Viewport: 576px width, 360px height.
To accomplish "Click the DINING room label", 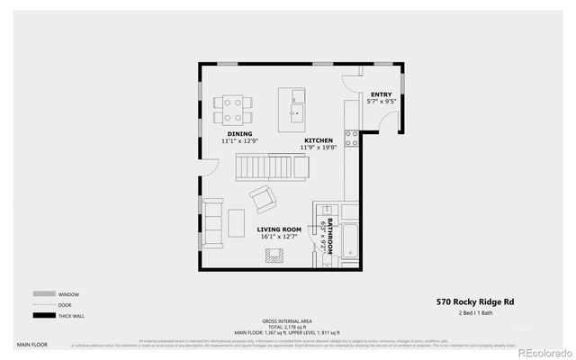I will [239, 134].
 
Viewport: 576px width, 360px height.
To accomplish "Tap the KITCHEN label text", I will [319, 140].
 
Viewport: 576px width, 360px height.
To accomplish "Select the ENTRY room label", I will [381, 94].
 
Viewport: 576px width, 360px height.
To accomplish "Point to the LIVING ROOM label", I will [279, 229].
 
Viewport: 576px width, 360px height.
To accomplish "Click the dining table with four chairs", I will [233, 110].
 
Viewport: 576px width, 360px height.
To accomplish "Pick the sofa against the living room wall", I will [213, 222].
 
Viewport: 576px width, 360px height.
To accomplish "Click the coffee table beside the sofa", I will [236, 222].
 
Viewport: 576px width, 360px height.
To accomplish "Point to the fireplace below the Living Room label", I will [273, 255].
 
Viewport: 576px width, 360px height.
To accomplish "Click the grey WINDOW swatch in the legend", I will [43, 294].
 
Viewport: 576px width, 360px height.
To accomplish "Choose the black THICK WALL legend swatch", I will [43, 315].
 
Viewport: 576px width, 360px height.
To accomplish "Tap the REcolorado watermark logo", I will [542, 351].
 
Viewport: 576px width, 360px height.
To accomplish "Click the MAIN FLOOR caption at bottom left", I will [31, 344].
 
